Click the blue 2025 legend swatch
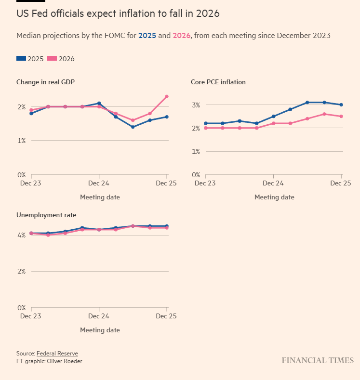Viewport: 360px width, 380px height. (21, 59)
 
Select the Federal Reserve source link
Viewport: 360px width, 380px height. (57, 354)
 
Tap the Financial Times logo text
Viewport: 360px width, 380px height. (318, 360)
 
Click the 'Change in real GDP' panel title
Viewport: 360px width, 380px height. (45, 82)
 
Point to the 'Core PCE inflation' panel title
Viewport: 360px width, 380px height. (218, 82)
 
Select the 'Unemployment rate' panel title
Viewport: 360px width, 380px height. (46, 215)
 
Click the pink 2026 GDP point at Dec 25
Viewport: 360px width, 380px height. (167, 96)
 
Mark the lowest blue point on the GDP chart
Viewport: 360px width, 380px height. (133, 127)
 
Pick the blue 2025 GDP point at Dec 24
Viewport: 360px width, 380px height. (99, 103)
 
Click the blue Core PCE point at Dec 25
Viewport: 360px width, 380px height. (341, 105)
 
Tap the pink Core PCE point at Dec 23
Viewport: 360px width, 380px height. (206, 128)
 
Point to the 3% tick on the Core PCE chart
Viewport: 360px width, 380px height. (196, 105)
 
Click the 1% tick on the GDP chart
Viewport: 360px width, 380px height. (21, 141)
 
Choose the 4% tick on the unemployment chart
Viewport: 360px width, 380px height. (21, 235)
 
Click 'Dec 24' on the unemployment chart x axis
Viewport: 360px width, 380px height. (99, 316)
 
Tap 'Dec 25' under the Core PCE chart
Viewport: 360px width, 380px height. (341, 183)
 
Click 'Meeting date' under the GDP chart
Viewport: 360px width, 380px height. (100, 197)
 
